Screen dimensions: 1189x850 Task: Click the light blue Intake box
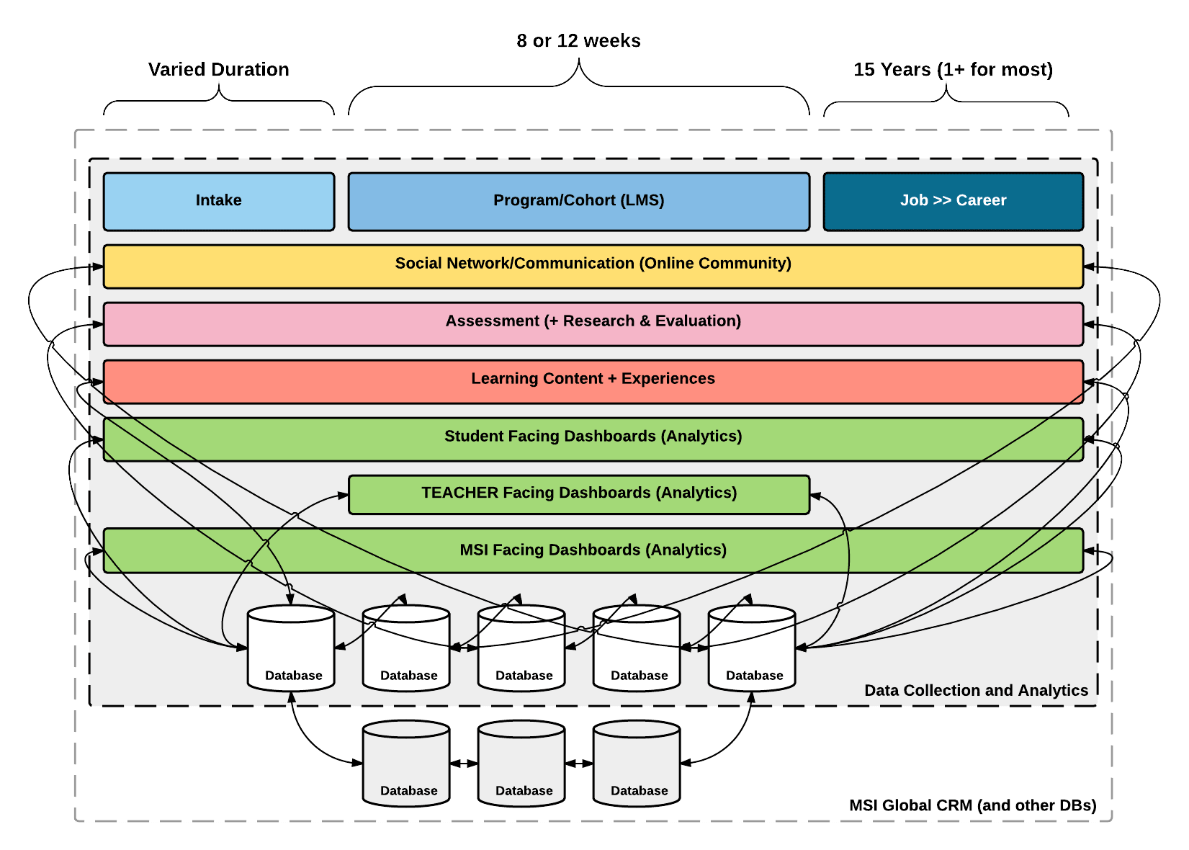tap(219, 202)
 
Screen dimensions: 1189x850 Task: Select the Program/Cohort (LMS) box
tap(578, 202)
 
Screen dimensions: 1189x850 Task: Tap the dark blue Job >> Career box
tap(954, 202)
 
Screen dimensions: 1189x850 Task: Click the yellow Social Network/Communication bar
tap(593, 267)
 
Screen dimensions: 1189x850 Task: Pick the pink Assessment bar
tap(593, 324)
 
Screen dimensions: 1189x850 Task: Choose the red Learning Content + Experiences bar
tap(593, 382)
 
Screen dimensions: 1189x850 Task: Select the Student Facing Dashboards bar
tap(593, 439)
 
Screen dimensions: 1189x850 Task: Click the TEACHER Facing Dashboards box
tap(578, 495)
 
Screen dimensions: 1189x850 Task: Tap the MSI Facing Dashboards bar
tap(593, 550)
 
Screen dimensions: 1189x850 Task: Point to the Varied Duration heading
tap(219, 70)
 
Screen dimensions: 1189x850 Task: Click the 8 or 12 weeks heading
tap(578, 41)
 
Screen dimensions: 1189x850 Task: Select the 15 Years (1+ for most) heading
tap(953, 70)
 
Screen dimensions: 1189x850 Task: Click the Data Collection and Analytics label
tap(976, 690)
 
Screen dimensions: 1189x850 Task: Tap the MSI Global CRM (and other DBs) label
tap(972, 805)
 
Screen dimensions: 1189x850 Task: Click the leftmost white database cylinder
tap(291, 648)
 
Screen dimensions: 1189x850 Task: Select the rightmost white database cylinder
tap(752, 648)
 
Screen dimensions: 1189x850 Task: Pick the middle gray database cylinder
tap(521, 764)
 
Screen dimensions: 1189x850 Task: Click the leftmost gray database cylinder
tap(406, 764)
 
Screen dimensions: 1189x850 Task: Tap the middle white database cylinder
tap(521, 648)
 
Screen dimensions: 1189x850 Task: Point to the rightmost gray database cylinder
tap(637, 764)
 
